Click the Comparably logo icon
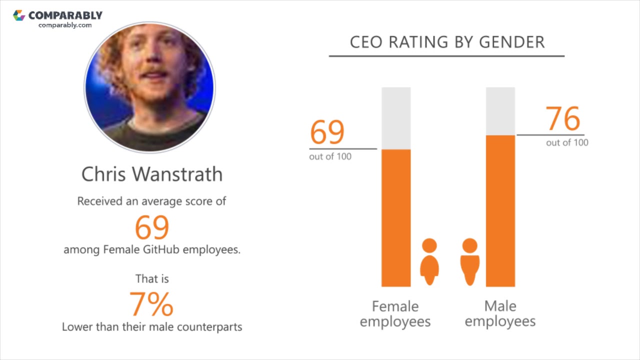pyautogui.click(x=19, y=15)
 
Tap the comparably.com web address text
pyautogui.click(x=65, y=25)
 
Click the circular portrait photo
pyautogui.click(x=150, y=87)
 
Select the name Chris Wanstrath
pyautogui.click(x=152, y=174)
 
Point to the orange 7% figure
pyautogui.click(x=151, y=303)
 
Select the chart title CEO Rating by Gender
pyautogui.click(x=447, y=42)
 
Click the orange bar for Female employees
pyautogui.click(x=396, y=217)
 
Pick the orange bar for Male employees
pyautogui.click(x=500, y=210)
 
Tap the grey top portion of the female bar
pyautogui.click(x=396, y=118)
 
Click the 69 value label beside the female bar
pyautogui.click(x=327, y=132)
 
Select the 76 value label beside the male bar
pyautogui.click(x=563, y=118)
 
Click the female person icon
pyautogui.click(x=429, y=261)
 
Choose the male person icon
pyautogui.click(x=469, y=261)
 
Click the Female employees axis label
pyautogui.click(x=395, y=313)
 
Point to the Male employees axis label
pyautogui.click(x=500, y=313)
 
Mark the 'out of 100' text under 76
pyautogui.click(x=567, y=142)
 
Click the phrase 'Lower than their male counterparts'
pyautogui.click(x=152, y=327)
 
